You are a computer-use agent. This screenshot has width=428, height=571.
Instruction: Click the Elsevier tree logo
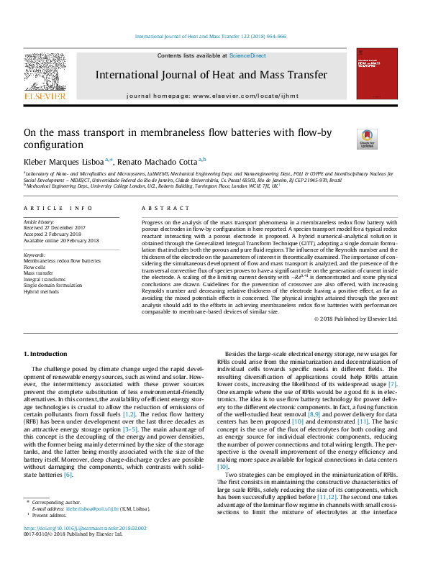[45, 75]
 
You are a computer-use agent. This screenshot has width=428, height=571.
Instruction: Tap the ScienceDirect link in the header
[247, 55]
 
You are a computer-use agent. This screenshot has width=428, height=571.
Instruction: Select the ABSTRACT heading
[162, 208]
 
